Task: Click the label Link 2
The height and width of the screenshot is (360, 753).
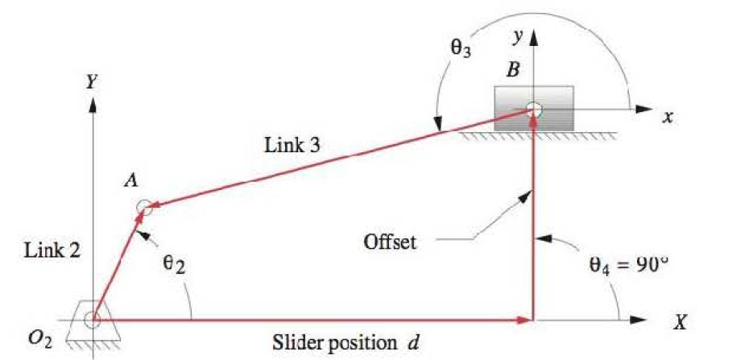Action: point(52,250)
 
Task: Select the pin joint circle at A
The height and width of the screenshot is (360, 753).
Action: point(144,207)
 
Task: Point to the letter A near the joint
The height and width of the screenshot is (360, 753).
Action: point(129,183)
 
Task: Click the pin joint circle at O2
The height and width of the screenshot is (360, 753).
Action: point(92,320)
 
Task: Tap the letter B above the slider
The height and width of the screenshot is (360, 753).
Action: point(513,70)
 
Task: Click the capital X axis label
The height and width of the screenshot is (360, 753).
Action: point(681,323)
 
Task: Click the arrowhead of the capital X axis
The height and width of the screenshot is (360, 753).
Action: point(640,320)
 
